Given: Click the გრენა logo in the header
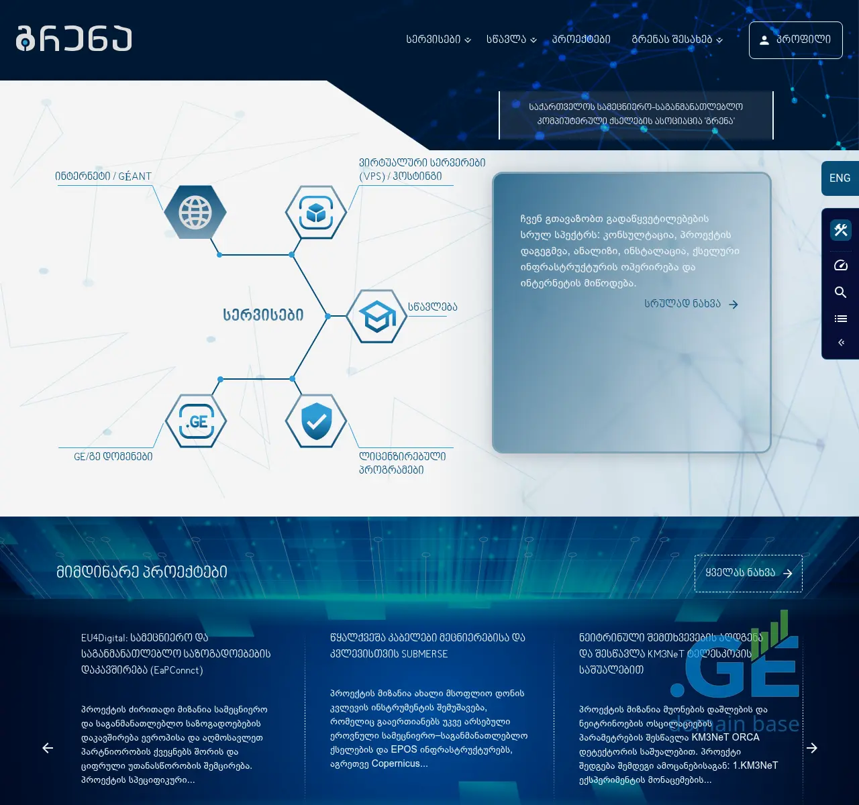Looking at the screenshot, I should [x=74, y=39].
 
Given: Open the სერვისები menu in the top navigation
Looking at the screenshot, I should [x=438, y=40].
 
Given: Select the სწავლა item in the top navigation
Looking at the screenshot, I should [x=511, y=40].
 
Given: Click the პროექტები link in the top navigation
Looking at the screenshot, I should [x=581, y=40].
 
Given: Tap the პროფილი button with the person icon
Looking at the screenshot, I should [x=795, y=40].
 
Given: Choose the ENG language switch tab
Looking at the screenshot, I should [x=840, y=178].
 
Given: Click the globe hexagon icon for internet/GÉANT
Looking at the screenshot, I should [x=195, y=213].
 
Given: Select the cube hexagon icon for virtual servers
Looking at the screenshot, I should [x=316, y=213].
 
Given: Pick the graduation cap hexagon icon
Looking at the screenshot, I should [x=376, y=316].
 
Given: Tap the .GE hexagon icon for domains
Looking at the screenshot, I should [x=196, y=421].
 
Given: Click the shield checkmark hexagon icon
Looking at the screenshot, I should [x=316, y=421].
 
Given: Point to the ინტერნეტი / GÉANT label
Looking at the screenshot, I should [x=103, y=176].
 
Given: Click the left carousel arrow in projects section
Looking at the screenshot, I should [x=48, y=748].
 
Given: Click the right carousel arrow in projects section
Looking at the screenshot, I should [x=812, y=748].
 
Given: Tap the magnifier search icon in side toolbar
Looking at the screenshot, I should [x=840, y=292].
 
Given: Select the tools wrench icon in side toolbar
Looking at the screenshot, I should [x=840, y=230].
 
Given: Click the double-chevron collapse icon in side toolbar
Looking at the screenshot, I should [x=840, y=343].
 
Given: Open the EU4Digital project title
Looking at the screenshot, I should [x=176, y=653].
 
